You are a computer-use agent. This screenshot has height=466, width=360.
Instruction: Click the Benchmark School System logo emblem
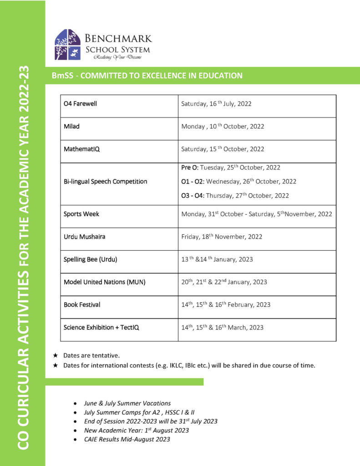click(x=67, y=45)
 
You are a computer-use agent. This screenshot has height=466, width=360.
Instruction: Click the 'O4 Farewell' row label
click(x=80, y=104)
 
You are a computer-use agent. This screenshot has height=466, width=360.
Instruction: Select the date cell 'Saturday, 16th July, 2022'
click(x=216, y=104)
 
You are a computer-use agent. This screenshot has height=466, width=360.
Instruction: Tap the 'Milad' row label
click(x=71, y=126)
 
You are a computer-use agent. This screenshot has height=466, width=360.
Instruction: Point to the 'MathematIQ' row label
click(x=81, y=149)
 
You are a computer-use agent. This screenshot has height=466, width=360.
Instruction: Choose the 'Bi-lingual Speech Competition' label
click(x=105, y=181)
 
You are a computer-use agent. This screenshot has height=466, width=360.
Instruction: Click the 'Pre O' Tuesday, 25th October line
click(x=230, y=167)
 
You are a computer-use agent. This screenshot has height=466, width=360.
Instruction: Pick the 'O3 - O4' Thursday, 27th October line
click(x=235, y=196)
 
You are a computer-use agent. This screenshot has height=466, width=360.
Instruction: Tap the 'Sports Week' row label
click(x=81, y=214)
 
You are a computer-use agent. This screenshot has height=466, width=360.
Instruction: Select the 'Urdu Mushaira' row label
click(x=84, y=237)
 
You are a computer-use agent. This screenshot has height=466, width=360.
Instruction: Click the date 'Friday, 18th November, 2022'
click(x=222, y=237)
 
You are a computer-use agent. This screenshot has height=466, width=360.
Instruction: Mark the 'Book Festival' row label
click(x=82, y=304)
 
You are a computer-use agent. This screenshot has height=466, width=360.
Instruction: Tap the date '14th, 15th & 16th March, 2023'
click(x=222, y=327)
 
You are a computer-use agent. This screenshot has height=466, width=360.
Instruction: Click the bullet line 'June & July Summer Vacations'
click(x=127, y=403)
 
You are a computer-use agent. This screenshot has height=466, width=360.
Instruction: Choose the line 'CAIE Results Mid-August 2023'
click(x=127, y=439)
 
